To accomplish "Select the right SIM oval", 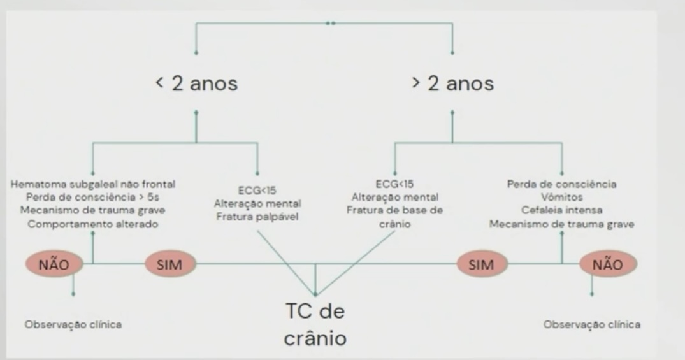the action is (x=480, y=265).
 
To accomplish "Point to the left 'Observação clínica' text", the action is (x=73, y=324).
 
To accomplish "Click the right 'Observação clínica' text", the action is (x=592, y=324).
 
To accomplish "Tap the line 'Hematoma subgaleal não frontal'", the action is (x=94, y=184).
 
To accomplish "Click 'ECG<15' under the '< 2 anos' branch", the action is (x=258, y=189).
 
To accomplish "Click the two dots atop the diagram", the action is (x=329, y=23).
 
